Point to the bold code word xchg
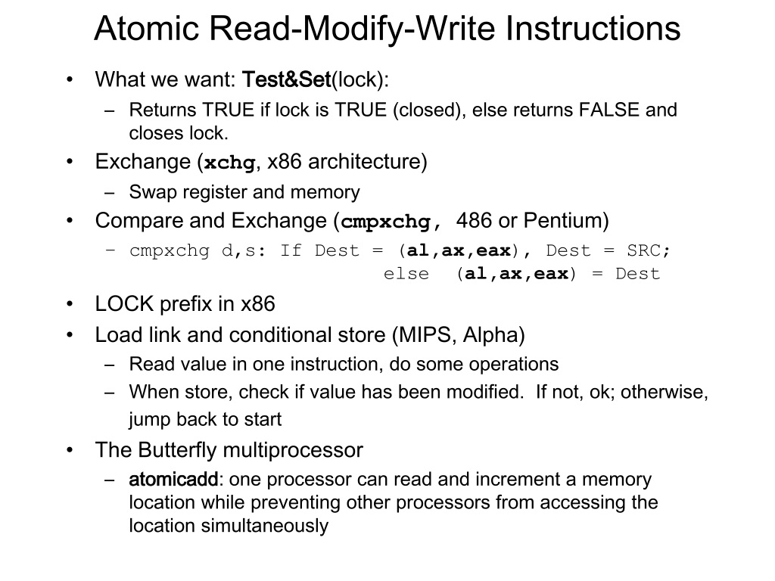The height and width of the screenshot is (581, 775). pyautogui.click(x=230, y=163)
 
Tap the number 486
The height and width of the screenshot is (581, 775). pyautogui.click(x=474, y=221)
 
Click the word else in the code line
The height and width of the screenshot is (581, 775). pyautogui.click(x=406, y=274)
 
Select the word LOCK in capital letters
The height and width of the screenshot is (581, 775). pyautogui.click(x=121, y=305)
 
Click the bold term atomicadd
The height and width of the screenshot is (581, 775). pyautogui.click(x=173, y=480)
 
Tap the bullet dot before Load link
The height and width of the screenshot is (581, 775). pyautogui.click(x=70, y=334)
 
